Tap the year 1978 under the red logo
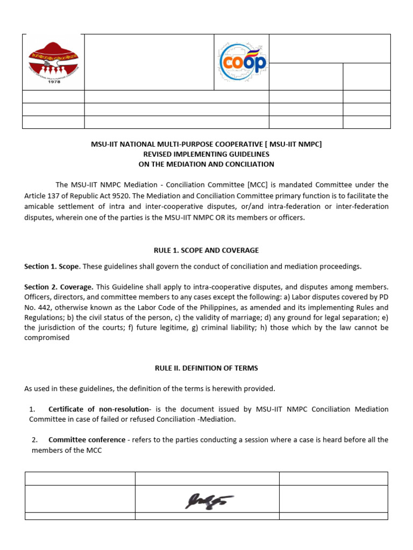pyautogui.click(x=53, y=82)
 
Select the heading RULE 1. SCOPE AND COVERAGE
pyautogui.click(x=206, y=250)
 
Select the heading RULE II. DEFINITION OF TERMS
pyautogui.click(x=206, y=368)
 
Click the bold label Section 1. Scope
pyautogui.click(x=52, y=267)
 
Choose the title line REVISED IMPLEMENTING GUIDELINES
pyautogui.click(x=206, y=154)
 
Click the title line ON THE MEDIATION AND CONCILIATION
pyautogui.click(x=206, y=164)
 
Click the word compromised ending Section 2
pyautogui.click(x=47, y=338)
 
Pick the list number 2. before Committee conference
pyautogui.click(x=34, y=440)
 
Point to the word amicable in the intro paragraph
pyautogui.click(x=40, y=206)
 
